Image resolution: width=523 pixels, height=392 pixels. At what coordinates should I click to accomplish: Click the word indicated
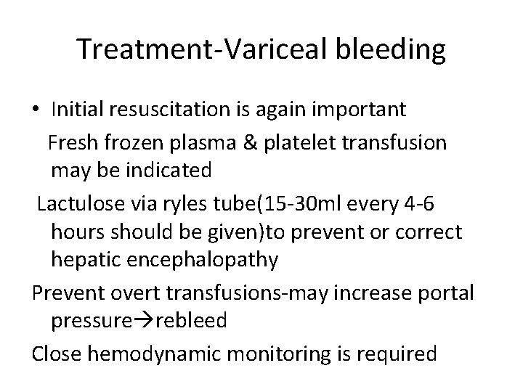click(166, 171)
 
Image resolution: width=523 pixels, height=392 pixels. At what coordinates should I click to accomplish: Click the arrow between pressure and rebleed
click(132, 321)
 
